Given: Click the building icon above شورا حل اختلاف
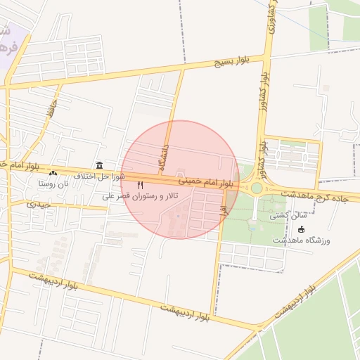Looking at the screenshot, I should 99,165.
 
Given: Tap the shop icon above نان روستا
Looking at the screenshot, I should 53,172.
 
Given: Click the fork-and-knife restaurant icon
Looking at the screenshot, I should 140,185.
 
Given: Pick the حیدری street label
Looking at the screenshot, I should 39,205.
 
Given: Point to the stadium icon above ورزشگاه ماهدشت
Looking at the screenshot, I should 302,229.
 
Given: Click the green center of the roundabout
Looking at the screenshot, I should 257,188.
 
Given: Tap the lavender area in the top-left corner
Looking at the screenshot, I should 8,39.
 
